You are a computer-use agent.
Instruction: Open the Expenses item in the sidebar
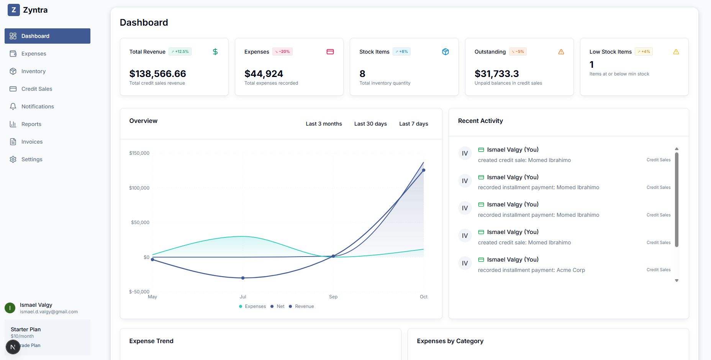tap(34, 54)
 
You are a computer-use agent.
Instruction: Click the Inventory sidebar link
tap(33, 71)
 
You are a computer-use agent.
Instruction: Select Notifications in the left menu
tap(38, 106)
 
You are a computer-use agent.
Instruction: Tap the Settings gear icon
tap(13, 159)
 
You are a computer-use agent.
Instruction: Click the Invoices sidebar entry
tap(32, 142)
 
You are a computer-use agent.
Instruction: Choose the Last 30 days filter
tap(370, 124)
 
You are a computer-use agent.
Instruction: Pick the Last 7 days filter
tap(414, 124)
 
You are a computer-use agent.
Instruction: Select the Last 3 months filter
tap(324, 124)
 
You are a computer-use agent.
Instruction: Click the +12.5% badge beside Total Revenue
tap(180, 52)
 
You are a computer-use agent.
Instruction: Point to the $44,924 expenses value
tap(264, 74)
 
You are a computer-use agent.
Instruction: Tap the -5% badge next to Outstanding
tap(518, 52)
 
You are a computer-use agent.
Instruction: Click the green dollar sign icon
tap(215, 52)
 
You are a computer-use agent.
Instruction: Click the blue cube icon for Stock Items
tap(446, 52)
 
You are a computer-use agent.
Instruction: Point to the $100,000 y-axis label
tap(139, 188)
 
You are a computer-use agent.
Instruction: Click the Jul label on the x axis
tap(243, 297)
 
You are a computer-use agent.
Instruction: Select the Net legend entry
tap(280, 306)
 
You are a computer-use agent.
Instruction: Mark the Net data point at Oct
tap(424, 170)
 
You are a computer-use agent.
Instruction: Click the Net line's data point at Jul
tap(243, 278)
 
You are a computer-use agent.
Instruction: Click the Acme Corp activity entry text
tap(531, 270)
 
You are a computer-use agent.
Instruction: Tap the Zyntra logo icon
tap(14, 10)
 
